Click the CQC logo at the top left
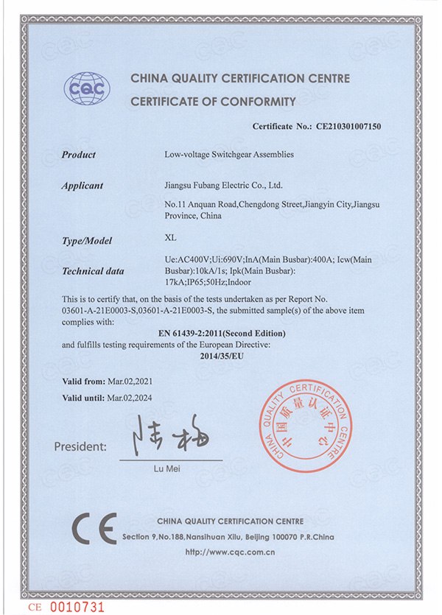tap(88, 89)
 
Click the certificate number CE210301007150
tap(349, 127)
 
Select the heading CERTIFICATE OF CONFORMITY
tap(213, 102)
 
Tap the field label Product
tap(79, 155)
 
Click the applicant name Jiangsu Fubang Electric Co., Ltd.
tap(223, 186)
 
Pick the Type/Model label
tap(85, 241)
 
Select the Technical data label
tap(93, 271)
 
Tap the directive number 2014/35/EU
tap(221, 355)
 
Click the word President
tap(80, 446)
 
